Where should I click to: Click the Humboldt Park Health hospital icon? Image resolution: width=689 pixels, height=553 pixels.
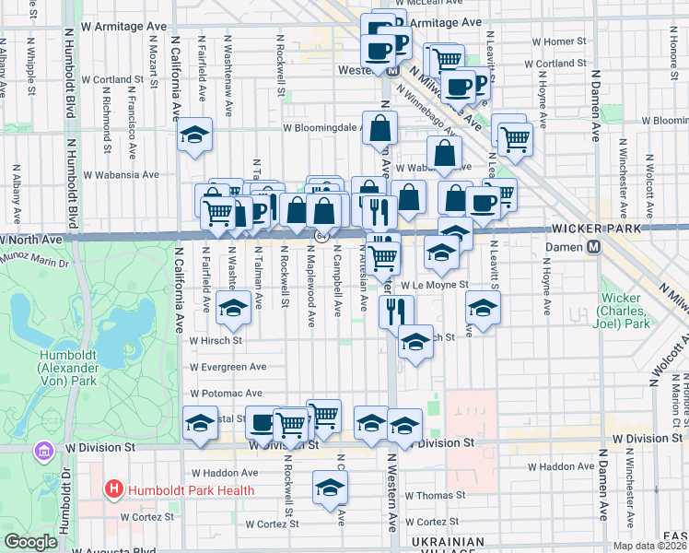click(x=114, y=489)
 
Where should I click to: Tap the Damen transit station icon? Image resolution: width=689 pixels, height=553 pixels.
click(x=595, y=248)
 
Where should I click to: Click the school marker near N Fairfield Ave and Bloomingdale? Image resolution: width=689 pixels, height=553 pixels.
click(x=194, y=135)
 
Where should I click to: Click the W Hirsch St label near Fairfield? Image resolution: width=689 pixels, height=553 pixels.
click(x=215, y=340)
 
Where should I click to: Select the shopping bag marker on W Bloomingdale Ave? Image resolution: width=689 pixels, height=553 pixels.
click(x=380, y=128)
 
